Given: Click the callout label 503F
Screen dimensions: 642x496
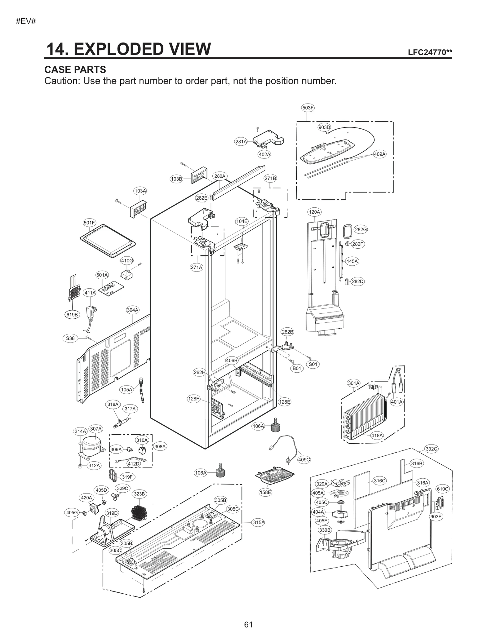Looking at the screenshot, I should (x=308, y=108).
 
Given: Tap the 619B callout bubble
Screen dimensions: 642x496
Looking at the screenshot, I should (x=72, y=315).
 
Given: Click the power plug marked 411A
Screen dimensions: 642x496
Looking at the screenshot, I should (x=92, y=313).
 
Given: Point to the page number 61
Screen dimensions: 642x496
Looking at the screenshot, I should (x=248, y=624).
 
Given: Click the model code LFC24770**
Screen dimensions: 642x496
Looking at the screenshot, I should (x=430, y=52).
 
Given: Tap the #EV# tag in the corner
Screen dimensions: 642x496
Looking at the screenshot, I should (x=26, y=21).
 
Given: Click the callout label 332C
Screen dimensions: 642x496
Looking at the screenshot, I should (x=431, y=449).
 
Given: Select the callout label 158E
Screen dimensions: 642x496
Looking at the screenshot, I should (x=265, y=492).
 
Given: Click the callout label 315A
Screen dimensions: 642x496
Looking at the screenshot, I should (x=259, y=522).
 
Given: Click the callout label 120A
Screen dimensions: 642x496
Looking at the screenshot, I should (x=314, y=212).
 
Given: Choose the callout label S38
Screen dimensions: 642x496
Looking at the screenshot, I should (x=70, y=338).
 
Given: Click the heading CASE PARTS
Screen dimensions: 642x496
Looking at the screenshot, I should (x=75, y=69).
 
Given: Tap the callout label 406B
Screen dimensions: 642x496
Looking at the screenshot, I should (x=232, y=360).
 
